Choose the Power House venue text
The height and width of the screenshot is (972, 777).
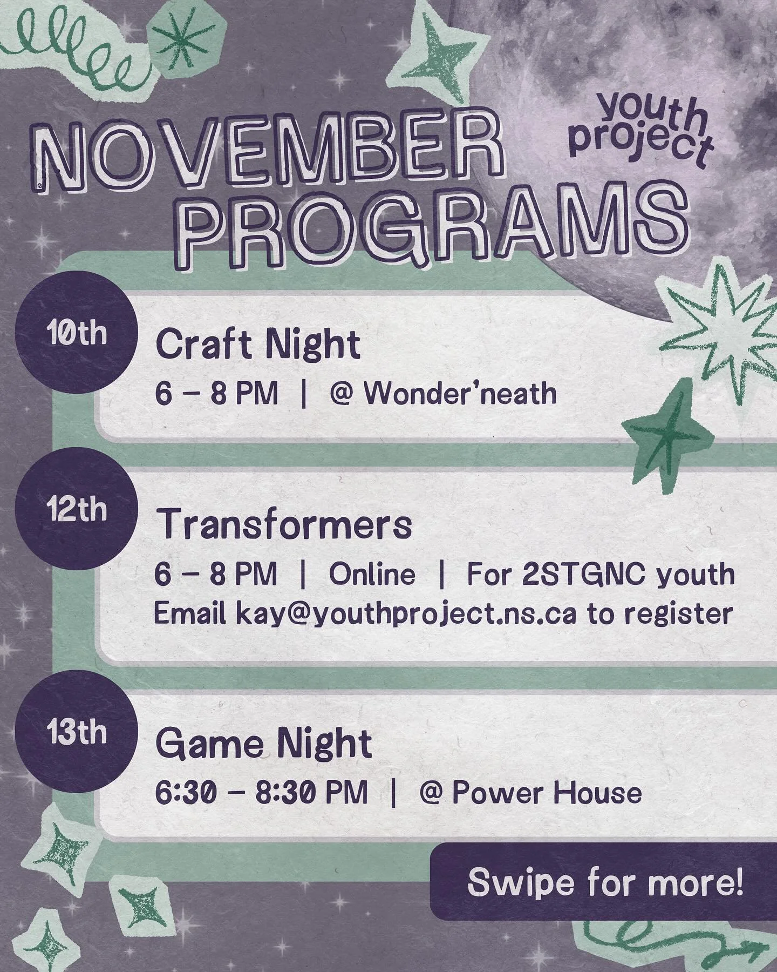click(x=546, y=793)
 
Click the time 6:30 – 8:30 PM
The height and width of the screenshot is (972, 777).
click(x=262, y=793)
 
